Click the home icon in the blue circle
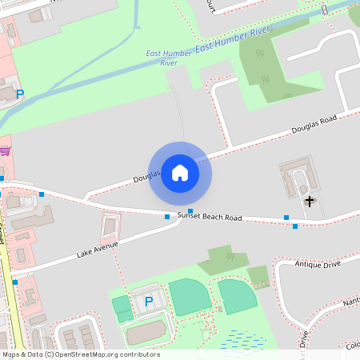(x=180, y=173)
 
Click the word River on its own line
(x=169, y=62)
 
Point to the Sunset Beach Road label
(x=210, y=217)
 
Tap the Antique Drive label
(x=318, y=263)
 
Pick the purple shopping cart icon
(x=5, y=150)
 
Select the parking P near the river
(x=20, y=94)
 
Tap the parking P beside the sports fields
(x=148, y=302)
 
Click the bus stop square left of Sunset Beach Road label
(x=167, y=217)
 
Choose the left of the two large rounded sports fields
(x=190, y=297)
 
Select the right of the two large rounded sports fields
(x=238, y=297)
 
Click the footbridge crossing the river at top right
(x=324, y=11)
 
